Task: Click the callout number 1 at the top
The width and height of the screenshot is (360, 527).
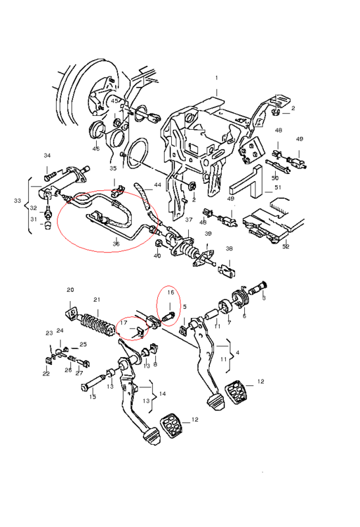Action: coord(216,78)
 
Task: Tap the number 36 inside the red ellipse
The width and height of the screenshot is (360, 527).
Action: coord(116,244)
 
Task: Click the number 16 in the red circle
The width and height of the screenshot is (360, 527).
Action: coord(170,292)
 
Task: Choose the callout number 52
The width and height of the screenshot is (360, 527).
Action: coord(285,246)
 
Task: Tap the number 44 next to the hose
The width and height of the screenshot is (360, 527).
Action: coord(157,185)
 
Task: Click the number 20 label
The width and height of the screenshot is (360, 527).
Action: coord(70,290)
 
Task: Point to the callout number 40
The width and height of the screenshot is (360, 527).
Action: coord(157,255)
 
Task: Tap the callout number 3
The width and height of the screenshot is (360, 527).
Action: coord(264,298)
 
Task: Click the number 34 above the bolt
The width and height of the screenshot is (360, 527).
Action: coord(47,156)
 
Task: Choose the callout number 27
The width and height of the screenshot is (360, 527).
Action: coord(79,373)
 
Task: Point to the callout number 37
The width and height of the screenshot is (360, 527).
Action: coord(189,219)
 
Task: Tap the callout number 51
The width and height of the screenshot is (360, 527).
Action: coord(278,188)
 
